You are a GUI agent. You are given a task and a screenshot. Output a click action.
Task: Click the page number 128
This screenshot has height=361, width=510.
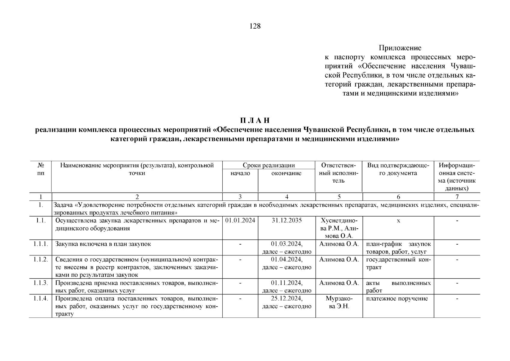point(255,26)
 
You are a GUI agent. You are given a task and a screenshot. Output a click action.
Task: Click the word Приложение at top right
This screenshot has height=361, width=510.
point(400,48)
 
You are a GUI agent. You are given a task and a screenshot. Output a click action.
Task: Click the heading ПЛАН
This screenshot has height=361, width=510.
point(255,121)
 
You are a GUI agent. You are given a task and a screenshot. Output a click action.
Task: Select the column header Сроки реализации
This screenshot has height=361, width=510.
point(269,165)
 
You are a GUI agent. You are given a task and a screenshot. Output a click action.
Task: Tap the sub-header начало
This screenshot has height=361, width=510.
point(240,173)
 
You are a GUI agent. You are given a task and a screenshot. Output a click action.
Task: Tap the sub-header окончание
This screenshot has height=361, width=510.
point(286,173)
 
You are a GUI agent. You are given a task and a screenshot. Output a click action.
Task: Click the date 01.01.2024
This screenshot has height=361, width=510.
point(240,221)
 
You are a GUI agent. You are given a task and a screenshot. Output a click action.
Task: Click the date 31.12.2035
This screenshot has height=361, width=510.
point(286,221)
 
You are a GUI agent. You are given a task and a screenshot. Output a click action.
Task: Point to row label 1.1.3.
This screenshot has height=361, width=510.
point(41,283)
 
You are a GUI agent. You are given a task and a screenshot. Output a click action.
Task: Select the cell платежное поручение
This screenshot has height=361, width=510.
point(397,299)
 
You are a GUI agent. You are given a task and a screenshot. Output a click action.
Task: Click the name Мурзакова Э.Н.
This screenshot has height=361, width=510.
point(339,303)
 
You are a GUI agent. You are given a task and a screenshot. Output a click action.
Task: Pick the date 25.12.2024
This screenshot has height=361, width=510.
point(286,299)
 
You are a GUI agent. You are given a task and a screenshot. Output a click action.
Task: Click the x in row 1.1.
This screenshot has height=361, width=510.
point(398,221)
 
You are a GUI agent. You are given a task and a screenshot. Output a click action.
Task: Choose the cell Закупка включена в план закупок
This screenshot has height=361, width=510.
point(103,244)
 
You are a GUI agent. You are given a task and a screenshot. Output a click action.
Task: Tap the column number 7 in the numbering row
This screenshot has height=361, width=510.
point(457,197)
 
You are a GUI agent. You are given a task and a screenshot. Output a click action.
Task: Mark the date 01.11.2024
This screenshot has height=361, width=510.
point(286,283)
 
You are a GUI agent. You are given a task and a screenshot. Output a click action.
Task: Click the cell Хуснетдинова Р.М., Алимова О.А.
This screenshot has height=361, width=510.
point(339,228)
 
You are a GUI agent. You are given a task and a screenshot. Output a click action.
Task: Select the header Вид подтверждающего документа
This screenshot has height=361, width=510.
point(398,169)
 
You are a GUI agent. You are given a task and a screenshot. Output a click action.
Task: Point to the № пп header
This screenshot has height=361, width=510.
point(41,169)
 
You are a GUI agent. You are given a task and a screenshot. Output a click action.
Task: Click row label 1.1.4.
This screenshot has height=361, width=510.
point(41,299)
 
